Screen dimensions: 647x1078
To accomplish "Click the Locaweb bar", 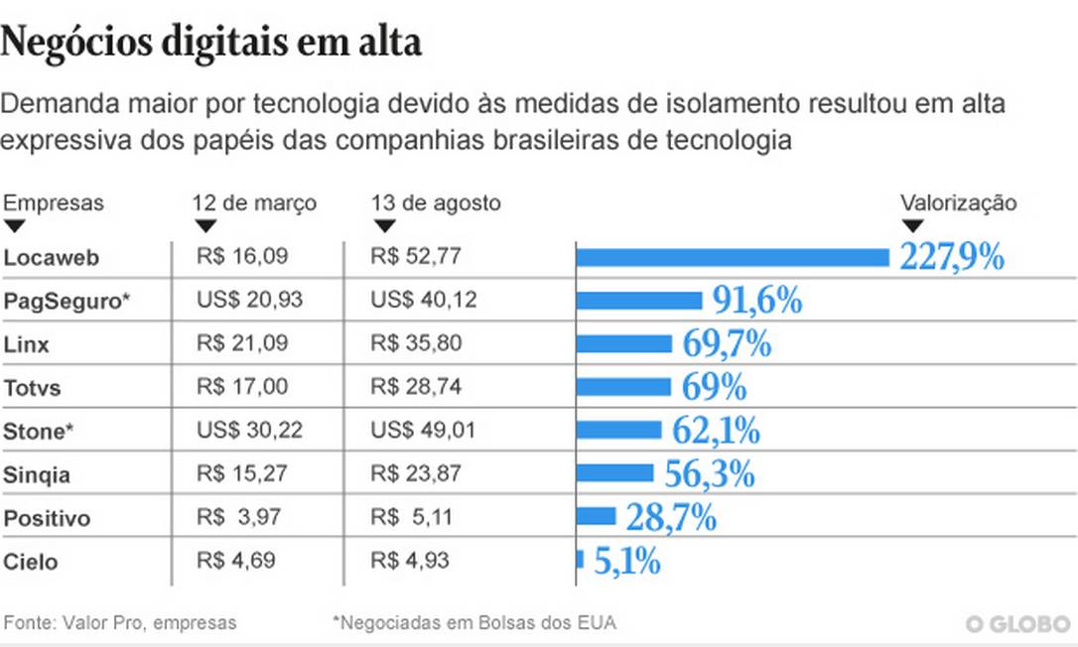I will [733, 258].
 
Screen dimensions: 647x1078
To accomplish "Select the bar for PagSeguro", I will [639, 301].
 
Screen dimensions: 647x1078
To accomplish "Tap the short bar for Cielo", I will [580, 560].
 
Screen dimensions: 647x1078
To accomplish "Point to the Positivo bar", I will [597, 516].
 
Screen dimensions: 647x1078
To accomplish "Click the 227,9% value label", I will [952, 257].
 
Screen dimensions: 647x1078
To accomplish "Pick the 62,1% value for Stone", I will [716, 431].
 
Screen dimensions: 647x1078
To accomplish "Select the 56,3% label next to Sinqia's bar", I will [709, 473].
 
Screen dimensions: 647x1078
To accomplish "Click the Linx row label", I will [27, 344].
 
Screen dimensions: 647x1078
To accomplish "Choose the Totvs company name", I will [32, 387].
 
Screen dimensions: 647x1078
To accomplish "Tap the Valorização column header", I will [958, 202].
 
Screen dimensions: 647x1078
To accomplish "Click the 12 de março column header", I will [254, 202].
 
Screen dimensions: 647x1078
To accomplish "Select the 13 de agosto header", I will [436, 202].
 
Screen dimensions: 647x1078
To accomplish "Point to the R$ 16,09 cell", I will [242, 257].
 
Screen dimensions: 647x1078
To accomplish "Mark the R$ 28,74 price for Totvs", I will [416, 387].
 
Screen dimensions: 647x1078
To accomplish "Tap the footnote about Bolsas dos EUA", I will [474, 623].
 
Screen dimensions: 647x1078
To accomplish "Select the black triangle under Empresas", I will [14, 226].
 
